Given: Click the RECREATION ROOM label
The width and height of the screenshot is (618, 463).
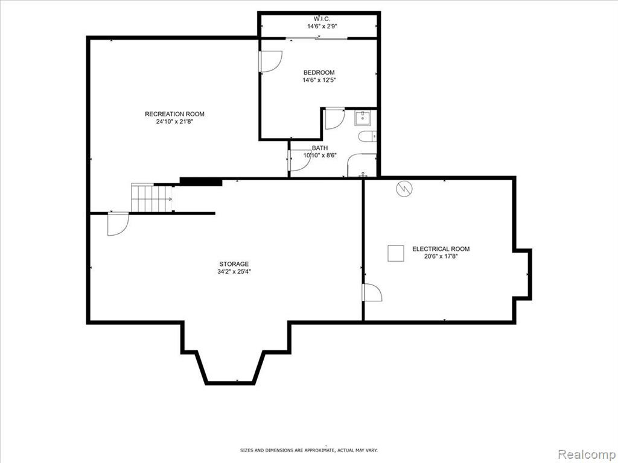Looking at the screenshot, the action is click(x=174, y=114).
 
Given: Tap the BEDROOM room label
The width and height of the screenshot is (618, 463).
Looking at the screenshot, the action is click(x=319, y=72).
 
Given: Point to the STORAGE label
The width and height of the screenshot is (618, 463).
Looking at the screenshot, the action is click(x=234, y=264).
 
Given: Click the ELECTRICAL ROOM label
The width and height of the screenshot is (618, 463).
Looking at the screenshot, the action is click(x=441, y=249).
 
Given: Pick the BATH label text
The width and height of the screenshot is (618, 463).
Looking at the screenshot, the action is click(x=320, y=148).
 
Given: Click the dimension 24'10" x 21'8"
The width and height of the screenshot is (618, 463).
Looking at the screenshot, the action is click(x=174, y=122).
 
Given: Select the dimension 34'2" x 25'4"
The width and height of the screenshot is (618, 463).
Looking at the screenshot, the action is click(x=234, y=272).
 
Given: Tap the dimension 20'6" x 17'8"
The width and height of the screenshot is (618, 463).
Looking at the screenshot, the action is click(x=441, y=256).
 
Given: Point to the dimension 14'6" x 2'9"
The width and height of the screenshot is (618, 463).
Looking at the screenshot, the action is click(x=322, y=27).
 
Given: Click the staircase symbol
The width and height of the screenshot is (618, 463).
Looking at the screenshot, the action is click(x=152, y=198).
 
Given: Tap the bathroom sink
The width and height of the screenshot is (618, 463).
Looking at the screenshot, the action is click(x=362, y=118).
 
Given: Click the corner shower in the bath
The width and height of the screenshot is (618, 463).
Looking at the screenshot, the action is click(x=362, y=165).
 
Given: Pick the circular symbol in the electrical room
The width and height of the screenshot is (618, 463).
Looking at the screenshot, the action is click(x=404, y=189).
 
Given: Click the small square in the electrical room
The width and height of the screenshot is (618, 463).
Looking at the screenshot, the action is click(x=396, y=253).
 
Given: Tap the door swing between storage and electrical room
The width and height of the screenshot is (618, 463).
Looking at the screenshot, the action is click(x=372, y=292).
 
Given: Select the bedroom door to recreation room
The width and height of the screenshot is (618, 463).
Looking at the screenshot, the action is click(x=270, y=61).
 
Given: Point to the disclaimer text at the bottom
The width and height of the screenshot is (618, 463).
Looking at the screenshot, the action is click(x=309, y=450).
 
